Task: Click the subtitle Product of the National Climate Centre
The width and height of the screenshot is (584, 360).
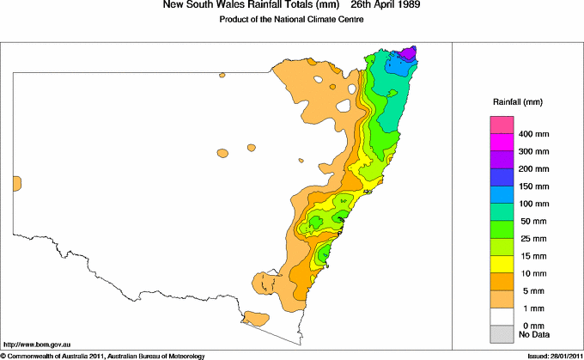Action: pos(292,20)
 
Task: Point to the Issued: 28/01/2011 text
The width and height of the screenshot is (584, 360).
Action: pos(550,355)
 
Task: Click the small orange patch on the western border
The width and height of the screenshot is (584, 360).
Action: pos(16,183)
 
